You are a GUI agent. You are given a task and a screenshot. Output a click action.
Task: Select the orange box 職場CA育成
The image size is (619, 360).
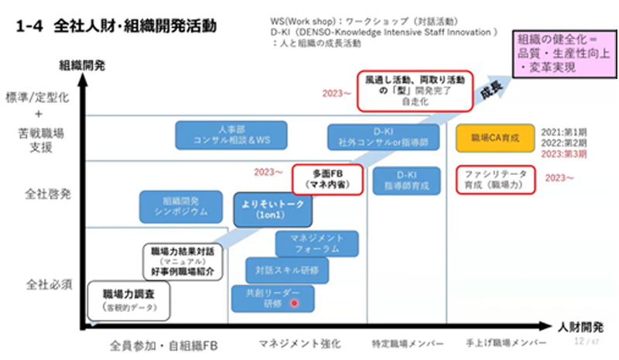[489, 138]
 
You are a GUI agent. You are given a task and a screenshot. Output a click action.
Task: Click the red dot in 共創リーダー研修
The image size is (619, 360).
[293, 303]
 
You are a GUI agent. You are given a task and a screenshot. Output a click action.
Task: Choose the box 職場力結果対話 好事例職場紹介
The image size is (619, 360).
[183, 262]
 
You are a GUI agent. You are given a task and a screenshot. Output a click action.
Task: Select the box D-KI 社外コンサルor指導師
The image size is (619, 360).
[383, 136]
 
